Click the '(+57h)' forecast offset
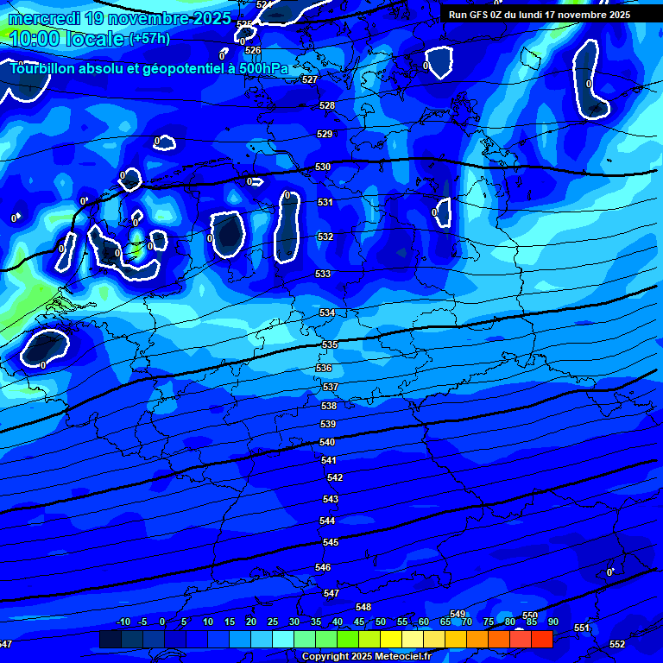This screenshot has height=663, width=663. click(x=149, y=39)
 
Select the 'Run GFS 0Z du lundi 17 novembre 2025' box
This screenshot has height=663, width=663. click(x=540, y=15)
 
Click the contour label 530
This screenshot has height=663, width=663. click(x=323, y=167)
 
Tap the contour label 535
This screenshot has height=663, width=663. click(x=330, y=344)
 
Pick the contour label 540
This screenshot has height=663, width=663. click(x=327, y=442)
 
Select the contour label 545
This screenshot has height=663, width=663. click(x=331, y=542)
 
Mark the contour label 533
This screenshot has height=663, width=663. click(x=323, y=274)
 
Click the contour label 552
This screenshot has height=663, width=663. click(x=617, y=645)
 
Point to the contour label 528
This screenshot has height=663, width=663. click(x=327, y=105)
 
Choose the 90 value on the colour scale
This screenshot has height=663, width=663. click(x=552, y=622)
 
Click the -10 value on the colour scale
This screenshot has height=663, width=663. click(x=123, y=622)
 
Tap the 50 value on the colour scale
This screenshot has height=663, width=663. click(x=380, y=622)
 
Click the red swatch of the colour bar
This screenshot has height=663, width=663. click(x=541, y=640)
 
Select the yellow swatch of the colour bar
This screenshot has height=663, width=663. click(x=391, y=640)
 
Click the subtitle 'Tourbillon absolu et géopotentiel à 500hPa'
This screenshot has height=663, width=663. click(x=150, y=67)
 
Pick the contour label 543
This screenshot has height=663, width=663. click(x=331, y=499)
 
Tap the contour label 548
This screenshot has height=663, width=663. click(x=363, y=607)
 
